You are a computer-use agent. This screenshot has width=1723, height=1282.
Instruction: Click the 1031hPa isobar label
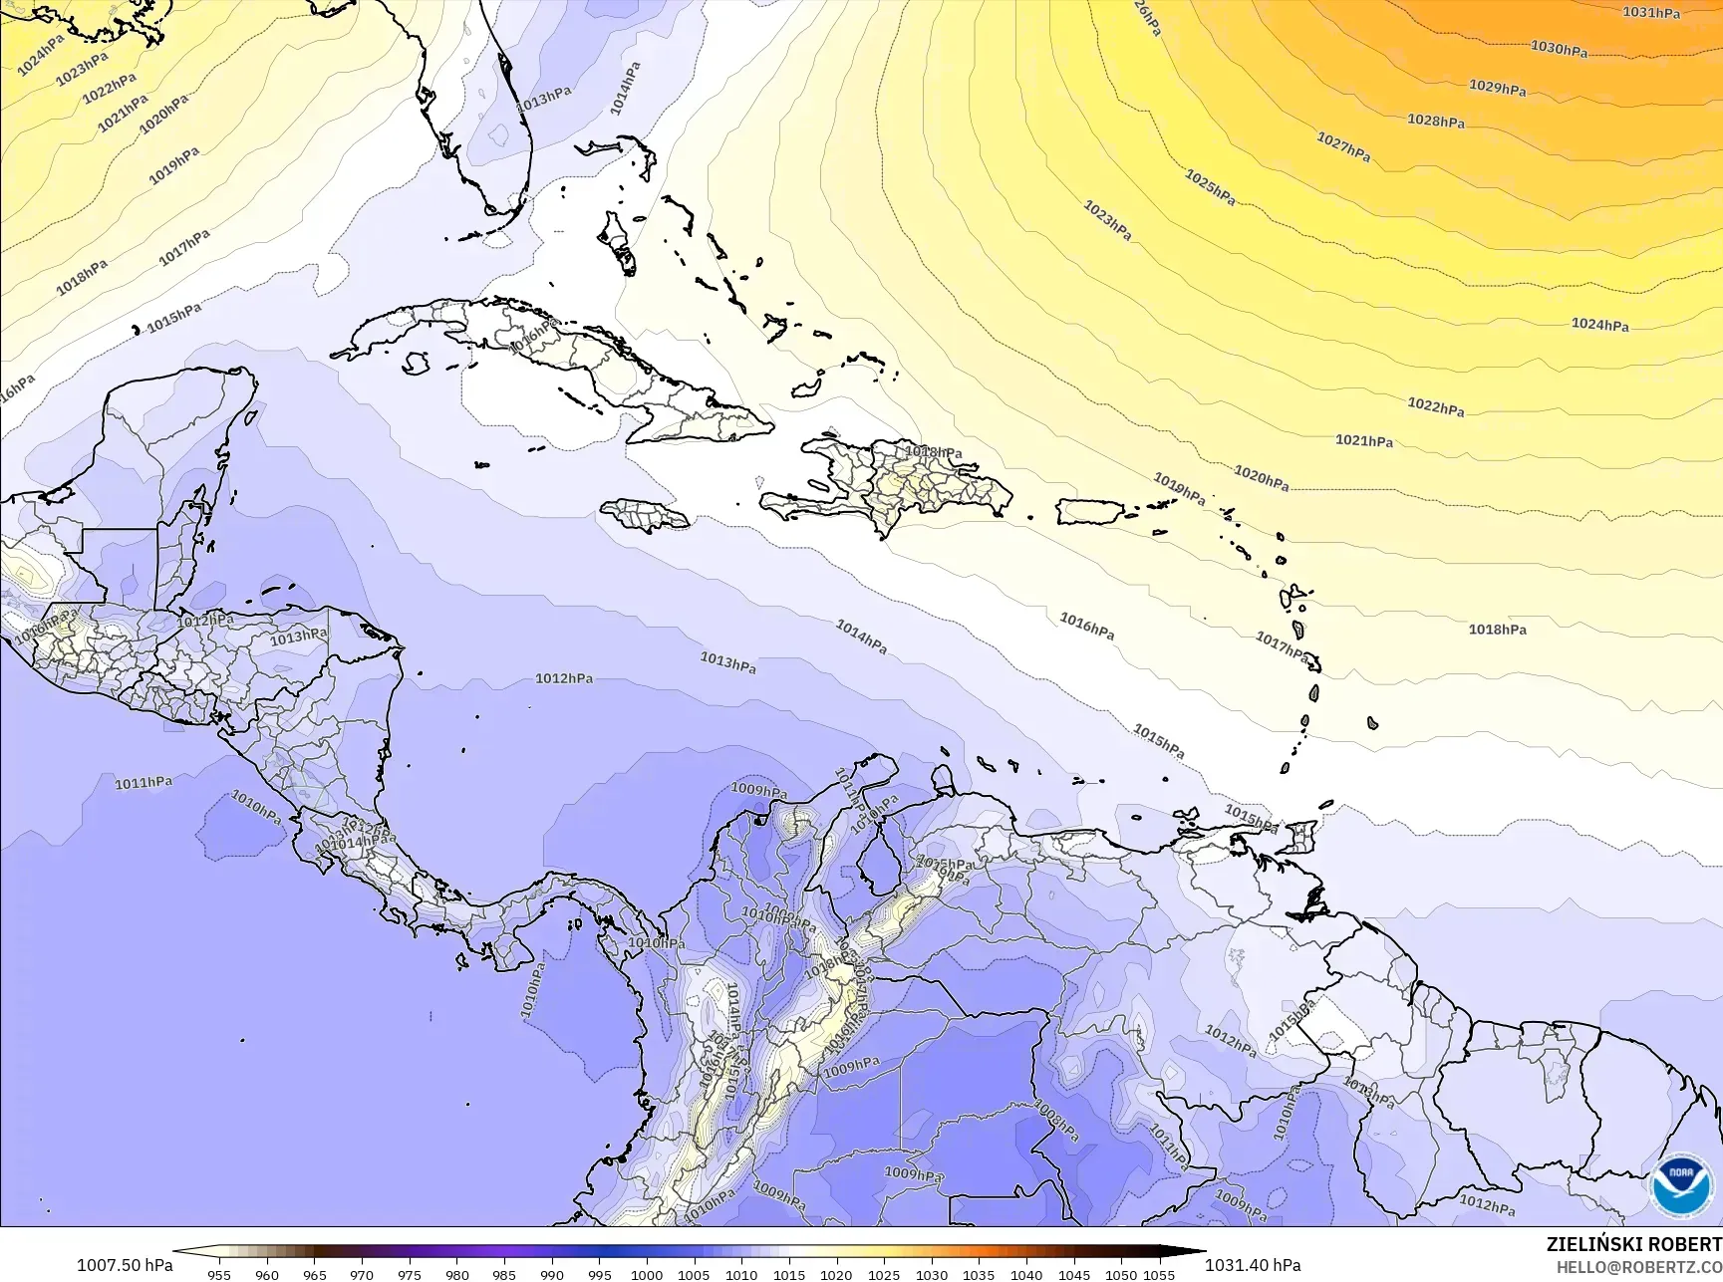1651,13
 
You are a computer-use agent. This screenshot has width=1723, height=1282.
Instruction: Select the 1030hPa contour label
1559,48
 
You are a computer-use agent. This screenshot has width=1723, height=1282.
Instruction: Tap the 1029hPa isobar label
1497,88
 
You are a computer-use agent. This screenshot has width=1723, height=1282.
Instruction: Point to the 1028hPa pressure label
1435,121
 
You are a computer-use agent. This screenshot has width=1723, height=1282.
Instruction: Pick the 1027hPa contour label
1343,147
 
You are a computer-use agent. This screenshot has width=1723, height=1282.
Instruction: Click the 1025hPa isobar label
1210,187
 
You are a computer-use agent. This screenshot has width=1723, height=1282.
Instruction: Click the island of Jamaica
645,515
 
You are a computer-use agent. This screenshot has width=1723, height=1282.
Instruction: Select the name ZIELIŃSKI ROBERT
1633,1244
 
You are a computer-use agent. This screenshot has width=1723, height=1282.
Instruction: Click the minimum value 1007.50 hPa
125,1265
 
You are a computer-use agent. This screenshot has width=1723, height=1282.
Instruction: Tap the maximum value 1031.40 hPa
1253,1265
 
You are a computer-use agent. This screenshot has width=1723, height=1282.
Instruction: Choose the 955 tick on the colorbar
219,1274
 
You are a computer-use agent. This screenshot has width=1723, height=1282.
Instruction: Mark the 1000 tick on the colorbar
647,1274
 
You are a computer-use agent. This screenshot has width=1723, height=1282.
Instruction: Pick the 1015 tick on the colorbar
789,1274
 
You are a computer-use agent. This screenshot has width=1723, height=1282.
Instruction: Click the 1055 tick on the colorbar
1159,1274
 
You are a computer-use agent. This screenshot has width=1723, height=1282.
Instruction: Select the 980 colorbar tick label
456,1274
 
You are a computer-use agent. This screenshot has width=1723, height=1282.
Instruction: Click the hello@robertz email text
1639,1267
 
